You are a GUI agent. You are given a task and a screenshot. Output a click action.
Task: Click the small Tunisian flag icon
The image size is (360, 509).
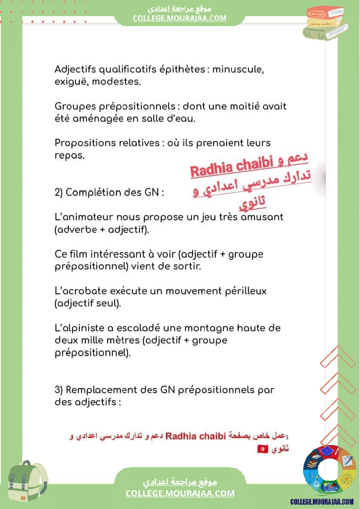(262, 448)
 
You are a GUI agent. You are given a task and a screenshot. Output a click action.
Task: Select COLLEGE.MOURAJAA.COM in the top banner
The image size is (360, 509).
(180, 18)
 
